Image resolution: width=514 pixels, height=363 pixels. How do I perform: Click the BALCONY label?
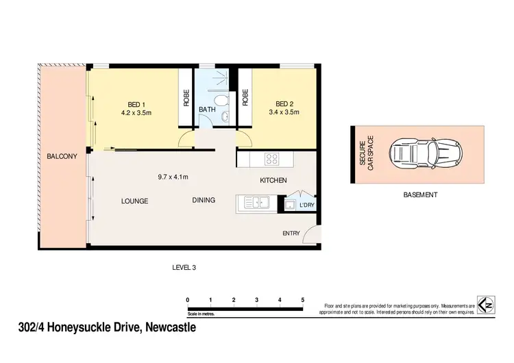[x=62, y=157]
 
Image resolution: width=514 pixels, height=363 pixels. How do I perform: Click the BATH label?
[x=207, y=109]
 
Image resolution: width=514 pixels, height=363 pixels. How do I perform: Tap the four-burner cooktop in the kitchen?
[x=271, y=159]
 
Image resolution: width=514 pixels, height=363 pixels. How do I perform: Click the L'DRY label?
[x=307, y=205]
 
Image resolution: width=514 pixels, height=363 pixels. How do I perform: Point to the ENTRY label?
[x=291, y=234]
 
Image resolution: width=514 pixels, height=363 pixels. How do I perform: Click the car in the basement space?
[x=419, y=155]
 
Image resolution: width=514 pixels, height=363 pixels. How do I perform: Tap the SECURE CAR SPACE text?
[x=366, y=155]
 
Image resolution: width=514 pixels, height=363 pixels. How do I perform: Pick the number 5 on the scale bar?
[x=302, y=300]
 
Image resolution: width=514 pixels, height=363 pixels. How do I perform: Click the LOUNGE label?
[x=134, y=201]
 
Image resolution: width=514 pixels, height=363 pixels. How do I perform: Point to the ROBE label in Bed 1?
[x=186, y=98]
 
